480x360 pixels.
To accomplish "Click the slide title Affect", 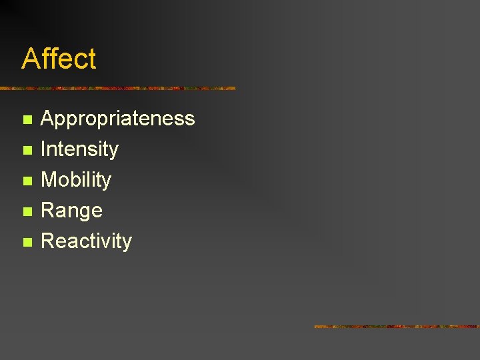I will coord(59,59).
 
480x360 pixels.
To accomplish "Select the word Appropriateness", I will coord(117,119).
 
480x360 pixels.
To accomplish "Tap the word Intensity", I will coord(79,149).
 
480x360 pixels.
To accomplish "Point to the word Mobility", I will coord(76,180).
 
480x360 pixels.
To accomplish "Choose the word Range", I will coord(71,211).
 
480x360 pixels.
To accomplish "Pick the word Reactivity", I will coord(86,241).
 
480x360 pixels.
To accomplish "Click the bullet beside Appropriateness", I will coord(27,120).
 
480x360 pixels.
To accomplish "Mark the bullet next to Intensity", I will coord(27,151).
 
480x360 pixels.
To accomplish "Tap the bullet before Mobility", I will coord(27,181).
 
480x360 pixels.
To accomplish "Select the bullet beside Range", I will coord(27,212).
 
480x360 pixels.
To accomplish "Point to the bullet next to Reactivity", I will coord(27,242).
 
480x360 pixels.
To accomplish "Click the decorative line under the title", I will coord(117,88).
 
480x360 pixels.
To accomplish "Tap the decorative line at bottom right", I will coord(396,327).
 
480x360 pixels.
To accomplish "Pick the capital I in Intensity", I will coord(43,149).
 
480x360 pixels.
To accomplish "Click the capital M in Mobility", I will coord(49,179).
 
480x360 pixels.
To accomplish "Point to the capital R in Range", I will coord(48,211).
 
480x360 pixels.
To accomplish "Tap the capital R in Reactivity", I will coord(48,241).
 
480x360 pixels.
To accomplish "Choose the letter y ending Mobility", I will coord(107,182).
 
